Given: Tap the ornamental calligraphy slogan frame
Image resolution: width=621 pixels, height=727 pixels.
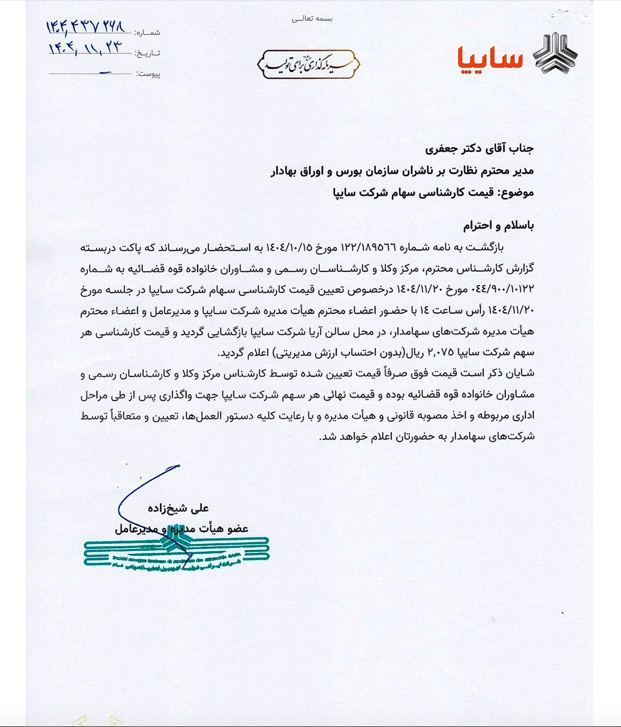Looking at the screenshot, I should click(308, 64).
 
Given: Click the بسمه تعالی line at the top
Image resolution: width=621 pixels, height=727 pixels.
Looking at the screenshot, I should click(312, 19).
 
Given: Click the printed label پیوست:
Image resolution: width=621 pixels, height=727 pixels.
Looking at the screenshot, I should click(148, 74).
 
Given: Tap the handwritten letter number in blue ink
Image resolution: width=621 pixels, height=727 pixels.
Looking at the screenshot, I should click(86, 27).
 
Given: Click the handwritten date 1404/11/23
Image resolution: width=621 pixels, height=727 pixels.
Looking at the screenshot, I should click(85, 49).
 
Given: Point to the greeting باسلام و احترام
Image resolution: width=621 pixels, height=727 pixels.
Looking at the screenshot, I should click(498, 226).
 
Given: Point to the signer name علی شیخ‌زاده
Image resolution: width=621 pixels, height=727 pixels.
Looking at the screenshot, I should click(178, 508).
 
